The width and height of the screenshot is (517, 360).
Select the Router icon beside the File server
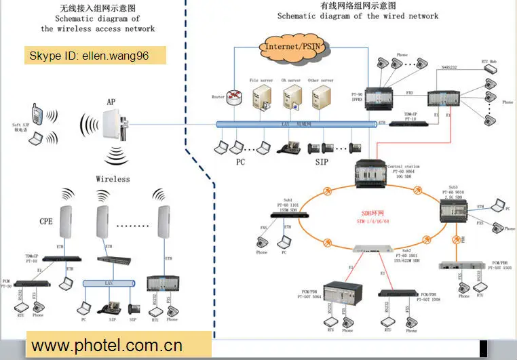235,98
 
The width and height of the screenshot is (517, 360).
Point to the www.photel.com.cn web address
107,345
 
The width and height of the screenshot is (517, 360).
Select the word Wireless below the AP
113,179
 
